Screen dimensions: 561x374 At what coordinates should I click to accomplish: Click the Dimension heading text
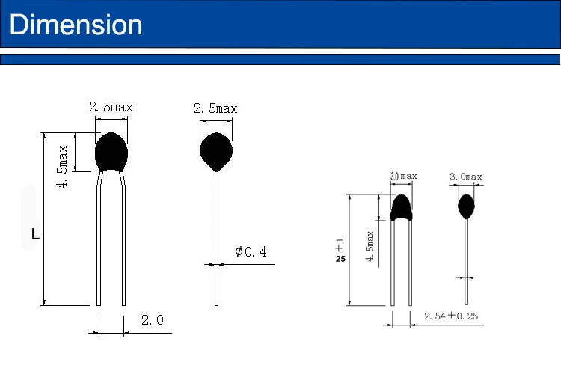click(x=76, y=25)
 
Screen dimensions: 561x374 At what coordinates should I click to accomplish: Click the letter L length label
click(x=35, y=234)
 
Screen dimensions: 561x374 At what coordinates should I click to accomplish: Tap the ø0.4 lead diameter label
click(x=251, y=251)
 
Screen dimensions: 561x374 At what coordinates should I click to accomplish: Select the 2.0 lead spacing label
click(x=153, y=319)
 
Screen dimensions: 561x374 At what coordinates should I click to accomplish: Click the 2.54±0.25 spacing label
click(x=451, y=316)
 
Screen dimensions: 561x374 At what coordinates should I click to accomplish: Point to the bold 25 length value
click(x=340, y=259)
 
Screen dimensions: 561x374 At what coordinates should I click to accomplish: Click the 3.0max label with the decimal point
click(x=466, y=177)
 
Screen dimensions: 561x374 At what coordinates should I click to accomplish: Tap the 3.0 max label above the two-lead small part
click(x=404, y=176)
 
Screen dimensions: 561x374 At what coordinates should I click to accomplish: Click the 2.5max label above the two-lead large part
click(x=111, y=107)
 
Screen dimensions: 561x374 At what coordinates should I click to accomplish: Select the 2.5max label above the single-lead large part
click(x=215, y=108)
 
